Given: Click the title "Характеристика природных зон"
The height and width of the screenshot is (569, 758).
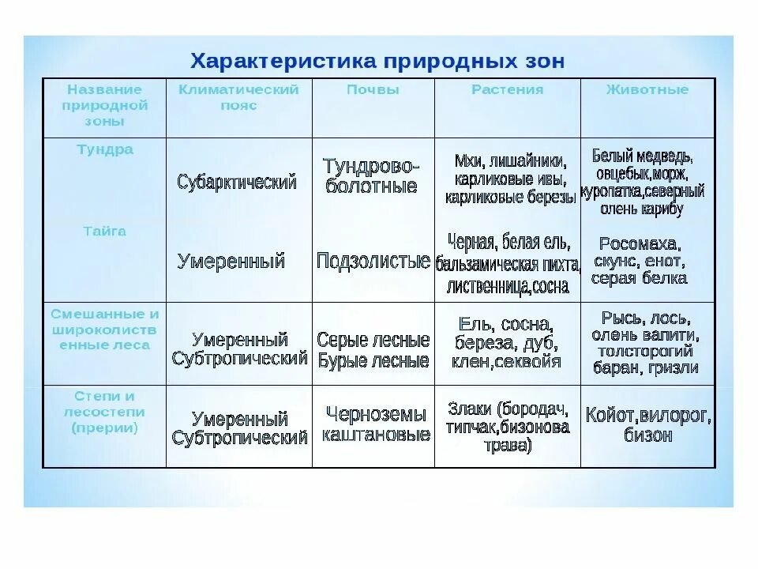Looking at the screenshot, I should [377, 61].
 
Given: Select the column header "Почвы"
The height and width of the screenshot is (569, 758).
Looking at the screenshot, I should [373, 89].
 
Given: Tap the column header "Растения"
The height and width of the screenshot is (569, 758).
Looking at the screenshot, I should [507, 89].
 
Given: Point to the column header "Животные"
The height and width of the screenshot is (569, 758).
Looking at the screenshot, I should [647, 89].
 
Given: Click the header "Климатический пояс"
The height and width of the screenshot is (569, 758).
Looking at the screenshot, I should [238, 97].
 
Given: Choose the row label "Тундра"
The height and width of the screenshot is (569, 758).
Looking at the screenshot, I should [105, 149].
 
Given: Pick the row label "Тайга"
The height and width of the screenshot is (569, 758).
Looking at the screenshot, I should [105, 232].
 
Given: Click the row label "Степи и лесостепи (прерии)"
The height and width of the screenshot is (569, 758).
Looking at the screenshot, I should [104, 412].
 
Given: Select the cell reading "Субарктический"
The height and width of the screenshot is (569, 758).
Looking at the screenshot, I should [237, 182].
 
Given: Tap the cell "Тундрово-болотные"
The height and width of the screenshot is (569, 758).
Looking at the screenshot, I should [371, 176].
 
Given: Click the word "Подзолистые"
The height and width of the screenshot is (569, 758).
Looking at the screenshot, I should [373, 261].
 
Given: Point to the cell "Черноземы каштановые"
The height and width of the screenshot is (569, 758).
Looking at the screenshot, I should [376, 424].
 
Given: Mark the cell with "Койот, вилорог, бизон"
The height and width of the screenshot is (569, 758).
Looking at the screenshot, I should [647, 424].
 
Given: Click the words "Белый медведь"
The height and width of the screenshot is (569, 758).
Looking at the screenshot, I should [642, 156].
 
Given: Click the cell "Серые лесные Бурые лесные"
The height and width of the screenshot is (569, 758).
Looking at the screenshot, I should [373, 350].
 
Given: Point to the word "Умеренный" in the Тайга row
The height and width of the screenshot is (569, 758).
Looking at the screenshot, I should [231, 261].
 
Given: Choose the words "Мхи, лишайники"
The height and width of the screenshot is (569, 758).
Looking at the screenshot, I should [508, 160].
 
